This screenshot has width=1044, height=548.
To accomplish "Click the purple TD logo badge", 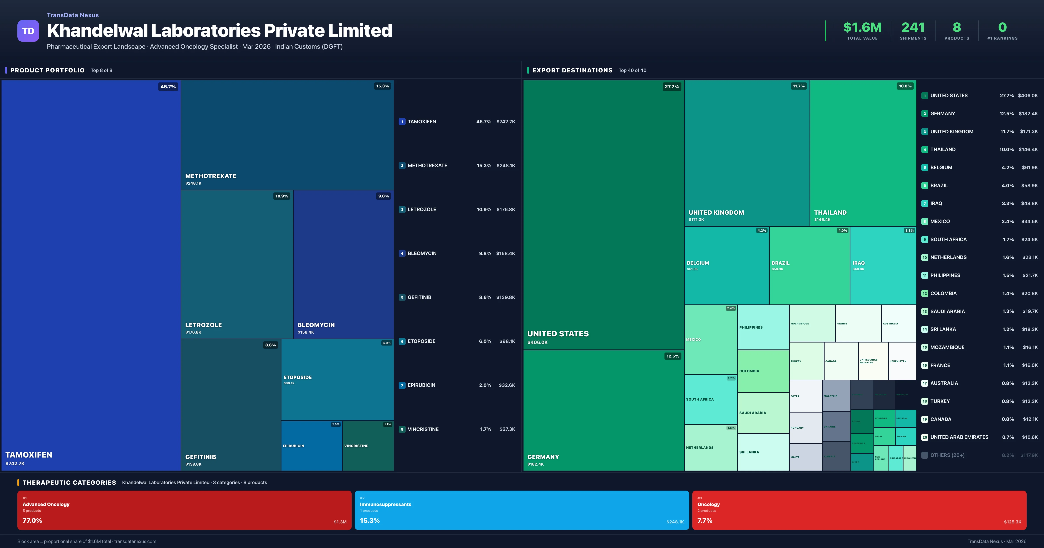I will tap(28, 31).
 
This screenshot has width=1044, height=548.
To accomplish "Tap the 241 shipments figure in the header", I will tap(913, 28).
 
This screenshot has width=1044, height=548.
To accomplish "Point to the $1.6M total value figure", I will tap(862, 28).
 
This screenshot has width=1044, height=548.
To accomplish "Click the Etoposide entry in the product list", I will tap(422, 341).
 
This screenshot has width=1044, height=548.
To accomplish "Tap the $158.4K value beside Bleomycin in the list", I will tap(505, 253).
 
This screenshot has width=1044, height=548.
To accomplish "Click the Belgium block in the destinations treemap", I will tap(726, 266).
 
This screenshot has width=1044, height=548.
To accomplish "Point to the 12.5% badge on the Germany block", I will tap(672, 356).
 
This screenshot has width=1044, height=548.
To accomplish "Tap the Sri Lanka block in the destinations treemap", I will tap(763, 452).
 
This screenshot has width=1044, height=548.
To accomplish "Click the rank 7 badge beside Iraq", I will tap(924, 204).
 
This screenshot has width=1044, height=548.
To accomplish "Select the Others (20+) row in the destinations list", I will tap(947, 455).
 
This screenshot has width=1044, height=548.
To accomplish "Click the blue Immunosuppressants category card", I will tap(522, 510).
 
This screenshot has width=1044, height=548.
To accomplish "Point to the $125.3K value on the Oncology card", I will tap(1012, 522).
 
